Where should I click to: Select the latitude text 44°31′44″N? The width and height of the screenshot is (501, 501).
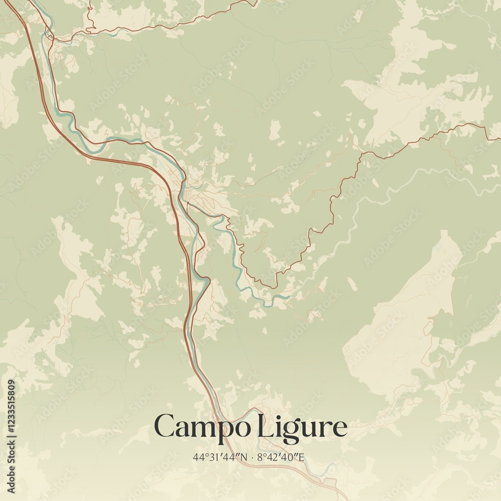[220, 457]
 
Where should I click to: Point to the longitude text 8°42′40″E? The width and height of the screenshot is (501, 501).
[281, 457]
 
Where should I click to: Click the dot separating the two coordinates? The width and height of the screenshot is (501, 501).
[253, 457]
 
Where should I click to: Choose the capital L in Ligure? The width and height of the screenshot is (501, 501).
[264, 426]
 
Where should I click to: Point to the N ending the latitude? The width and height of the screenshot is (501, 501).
[244, 457]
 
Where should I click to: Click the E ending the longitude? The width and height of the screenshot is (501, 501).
[302, 457]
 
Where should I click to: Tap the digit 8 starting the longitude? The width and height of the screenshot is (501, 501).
[259, 457]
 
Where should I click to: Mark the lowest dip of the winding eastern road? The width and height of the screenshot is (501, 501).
[275, 287]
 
